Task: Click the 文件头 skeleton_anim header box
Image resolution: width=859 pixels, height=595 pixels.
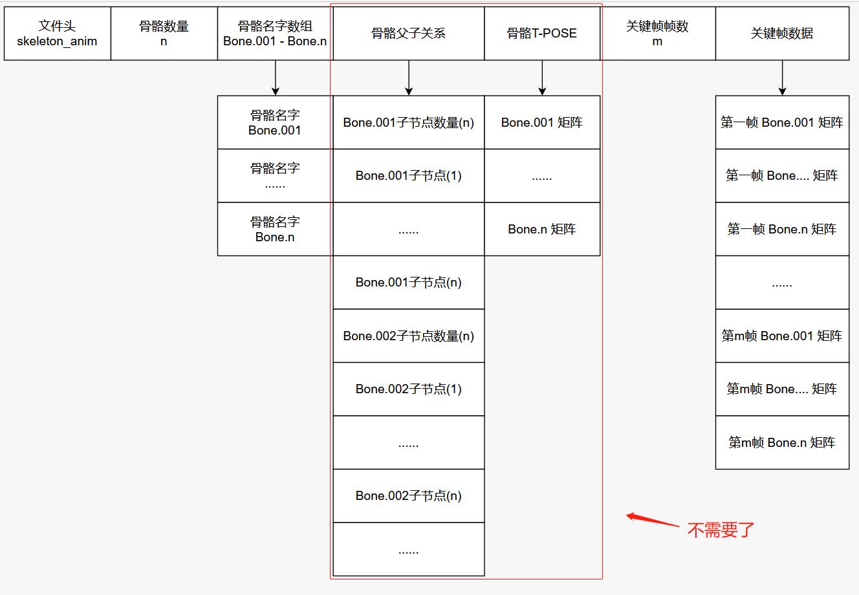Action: point(58,34)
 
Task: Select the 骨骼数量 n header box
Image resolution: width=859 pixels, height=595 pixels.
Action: point(164,34)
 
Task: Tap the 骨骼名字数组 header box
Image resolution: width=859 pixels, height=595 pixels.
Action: point(275,34)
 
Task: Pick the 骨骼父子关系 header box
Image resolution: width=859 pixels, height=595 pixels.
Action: point(409,34)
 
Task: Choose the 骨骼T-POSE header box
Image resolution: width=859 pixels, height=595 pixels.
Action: point(542,34)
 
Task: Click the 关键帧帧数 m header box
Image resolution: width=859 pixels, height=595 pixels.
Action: point(658,34)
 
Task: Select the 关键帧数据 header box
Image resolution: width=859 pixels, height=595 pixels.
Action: point(782,34)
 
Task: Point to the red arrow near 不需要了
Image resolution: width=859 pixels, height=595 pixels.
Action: point(652,520)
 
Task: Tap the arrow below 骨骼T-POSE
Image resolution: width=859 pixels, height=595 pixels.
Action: point(542,78)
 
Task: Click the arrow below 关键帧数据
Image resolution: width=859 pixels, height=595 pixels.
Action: point(782,78)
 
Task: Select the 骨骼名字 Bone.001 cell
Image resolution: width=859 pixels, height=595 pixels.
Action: point(275,122)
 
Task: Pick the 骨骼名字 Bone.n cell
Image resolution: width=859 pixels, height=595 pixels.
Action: point(275,229)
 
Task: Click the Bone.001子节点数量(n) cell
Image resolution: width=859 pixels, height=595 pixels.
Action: point(409,122)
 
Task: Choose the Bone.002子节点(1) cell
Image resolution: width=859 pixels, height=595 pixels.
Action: point(409,389)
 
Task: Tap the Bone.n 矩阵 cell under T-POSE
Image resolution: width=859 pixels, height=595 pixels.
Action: point(542,229)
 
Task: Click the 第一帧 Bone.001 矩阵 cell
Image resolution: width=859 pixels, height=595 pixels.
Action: point(782,122)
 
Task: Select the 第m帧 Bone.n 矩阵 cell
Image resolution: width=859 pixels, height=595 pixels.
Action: point(782,442)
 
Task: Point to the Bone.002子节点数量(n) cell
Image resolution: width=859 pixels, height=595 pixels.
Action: point(409,336)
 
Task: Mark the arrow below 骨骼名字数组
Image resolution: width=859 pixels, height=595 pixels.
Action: point(276,78)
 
